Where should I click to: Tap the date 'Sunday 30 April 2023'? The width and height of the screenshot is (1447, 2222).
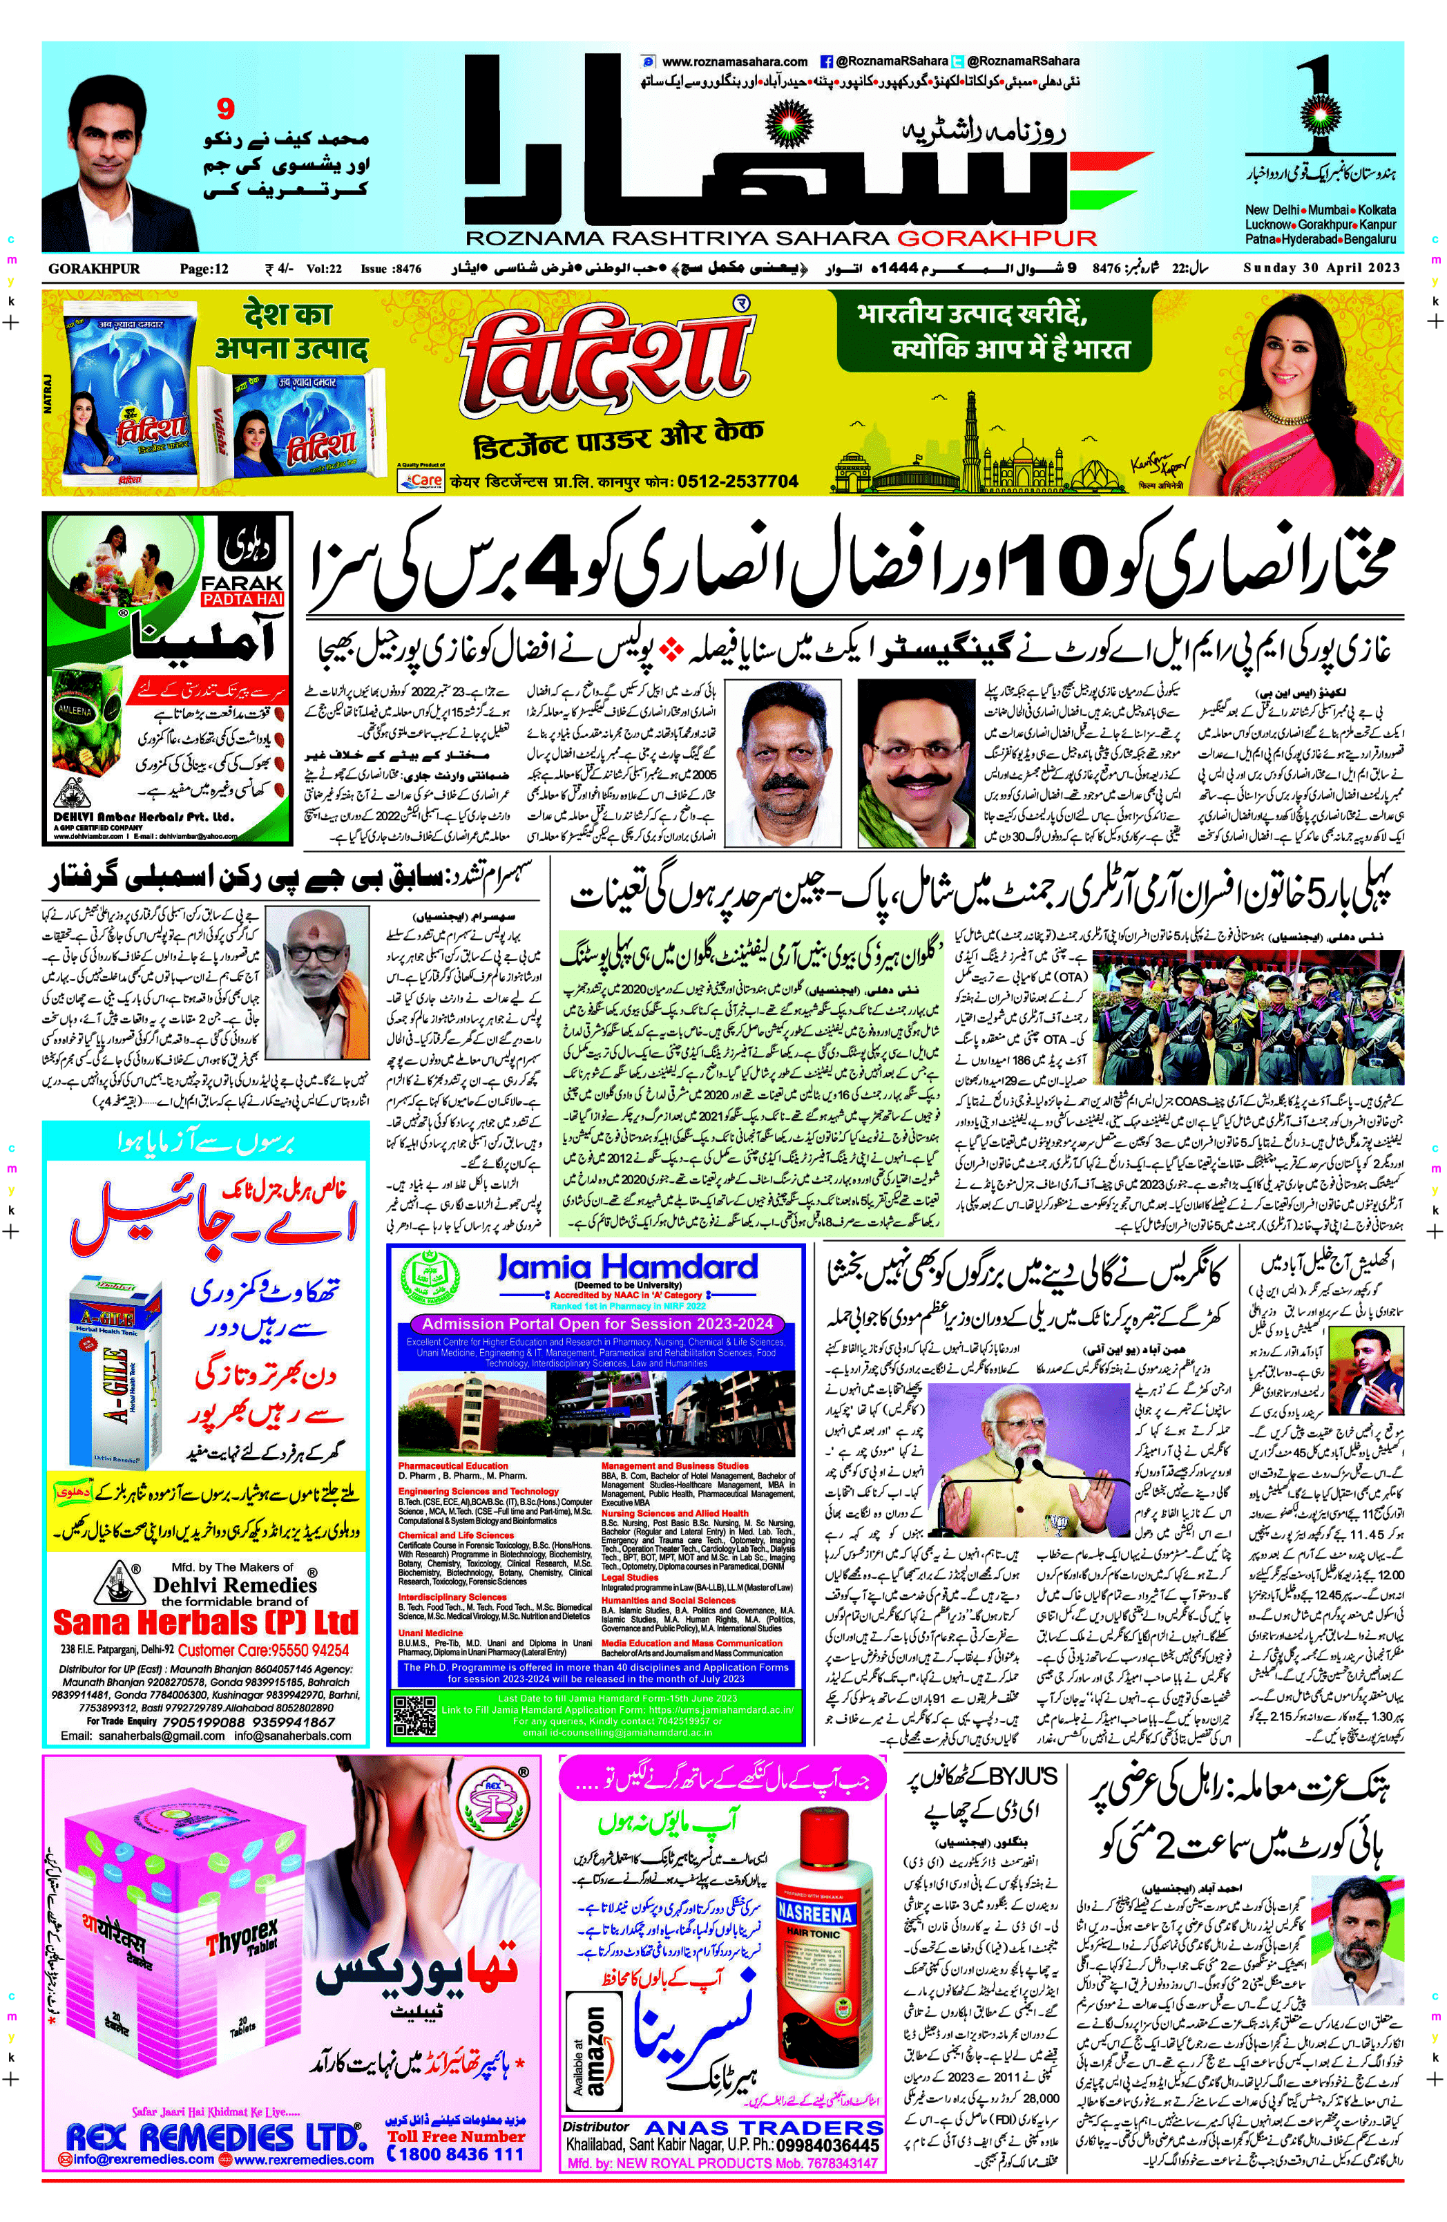pos(1321,269)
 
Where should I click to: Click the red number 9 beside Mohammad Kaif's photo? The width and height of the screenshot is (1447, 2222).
pos(225,110)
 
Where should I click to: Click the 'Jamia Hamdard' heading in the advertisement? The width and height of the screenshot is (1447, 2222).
pos(626,1267)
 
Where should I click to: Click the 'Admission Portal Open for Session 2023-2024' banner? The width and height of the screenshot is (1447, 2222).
pos(597,1323)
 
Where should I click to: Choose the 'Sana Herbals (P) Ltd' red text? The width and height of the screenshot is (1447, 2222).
pos(205,1621)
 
